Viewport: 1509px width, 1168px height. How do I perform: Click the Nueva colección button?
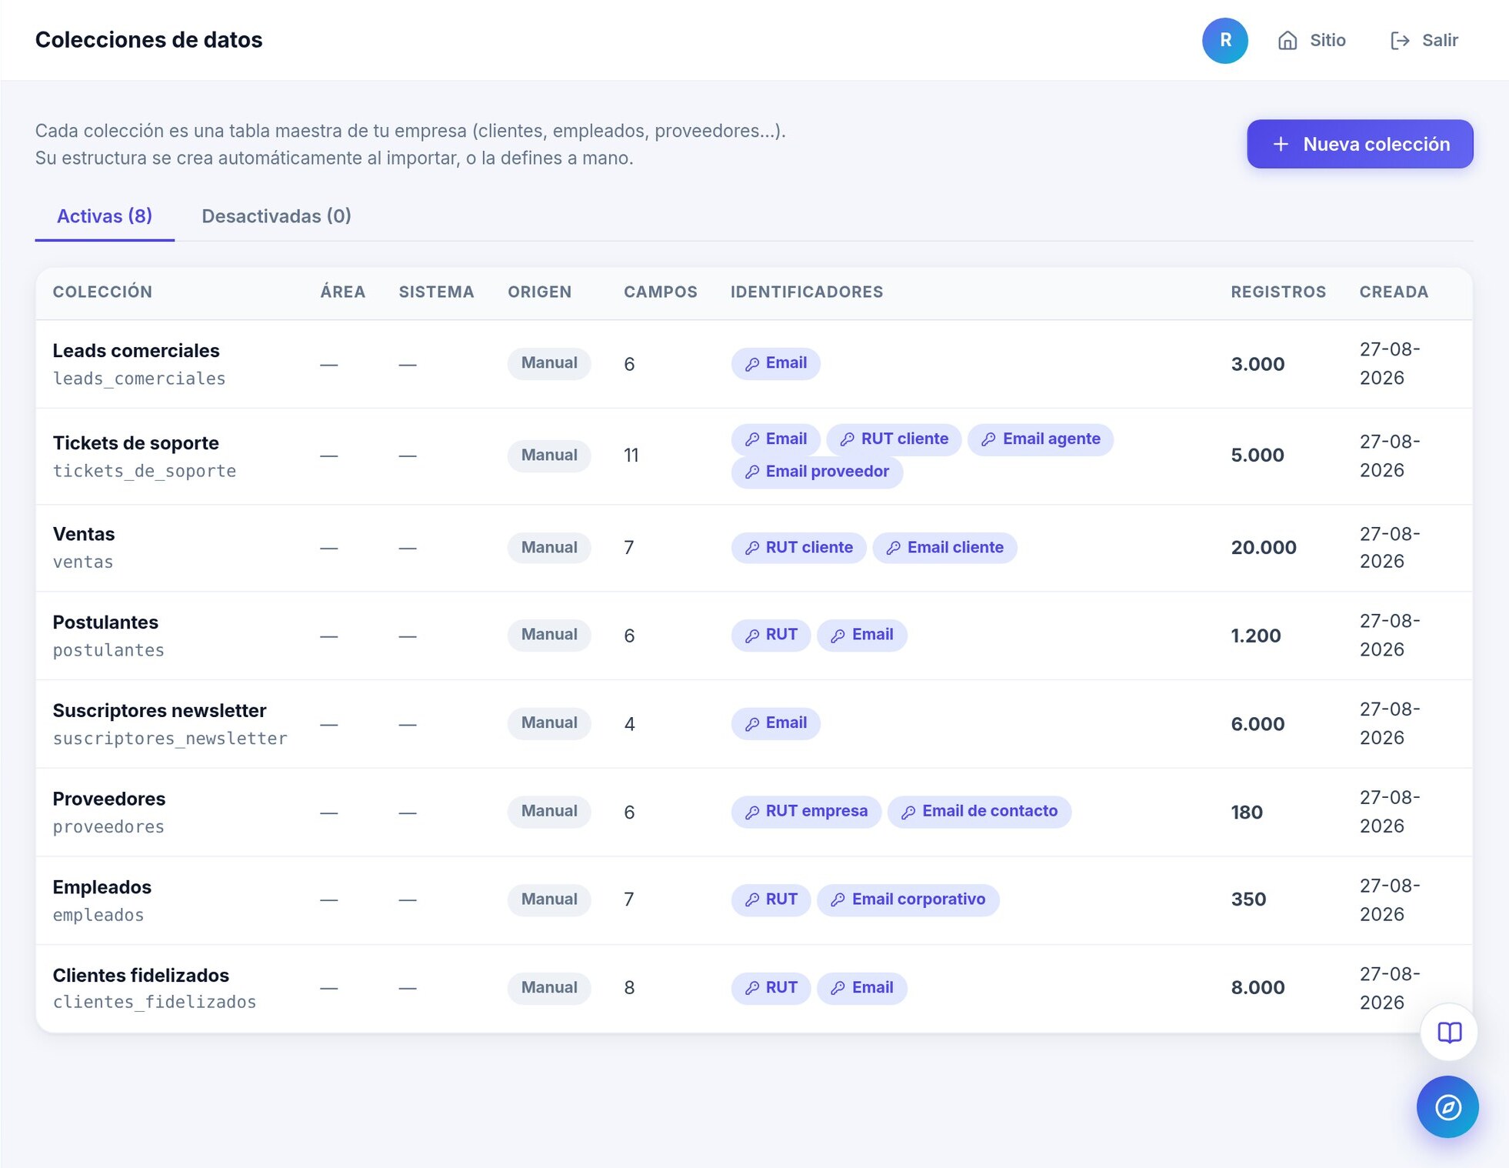coord(1359,144)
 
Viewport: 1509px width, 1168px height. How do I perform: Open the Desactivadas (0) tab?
coord(276,216)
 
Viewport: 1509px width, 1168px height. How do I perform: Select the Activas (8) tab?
coord(105,216)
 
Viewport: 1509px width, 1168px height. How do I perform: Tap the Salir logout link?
coord(1424,40)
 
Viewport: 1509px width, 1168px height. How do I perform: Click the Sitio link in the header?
coord(1311,40)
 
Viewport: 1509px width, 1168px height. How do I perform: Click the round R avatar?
coord(1224,40)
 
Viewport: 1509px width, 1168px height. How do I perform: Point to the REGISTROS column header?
coord(1278,292)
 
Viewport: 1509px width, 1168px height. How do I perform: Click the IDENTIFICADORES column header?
coord(807,292)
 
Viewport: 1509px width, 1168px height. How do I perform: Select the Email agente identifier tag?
coord(1040,439)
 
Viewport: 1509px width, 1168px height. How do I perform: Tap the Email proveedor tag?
coord(817,472)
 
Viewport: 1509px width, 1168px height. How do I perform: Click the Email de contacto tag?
coord(979,811)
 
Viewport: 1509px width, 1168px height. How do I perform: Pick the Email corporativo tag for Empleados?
coord(908,899)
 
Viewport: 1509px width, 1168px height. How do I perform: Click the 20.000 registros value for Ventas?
coord(1264,548)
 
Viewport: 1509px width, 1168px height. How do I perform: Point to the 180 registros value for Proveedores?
coord(1247,813)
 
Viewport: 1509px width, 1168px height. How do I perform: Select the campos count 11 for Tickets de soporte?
coord(631,456)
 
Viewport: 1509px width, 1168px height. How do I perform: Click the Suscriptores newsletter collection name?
coord(159,710)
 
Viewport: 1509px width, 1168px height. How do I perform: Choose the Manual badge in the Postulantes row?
coord(549,635)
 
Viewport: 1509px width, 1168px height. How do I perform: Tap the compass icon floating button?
coord(1447,1107)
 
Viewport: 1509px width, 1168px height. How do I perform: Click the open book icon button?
coord(1449,1032)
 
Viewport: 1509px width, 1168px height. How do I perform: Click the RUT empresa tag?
coord(806,811)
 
